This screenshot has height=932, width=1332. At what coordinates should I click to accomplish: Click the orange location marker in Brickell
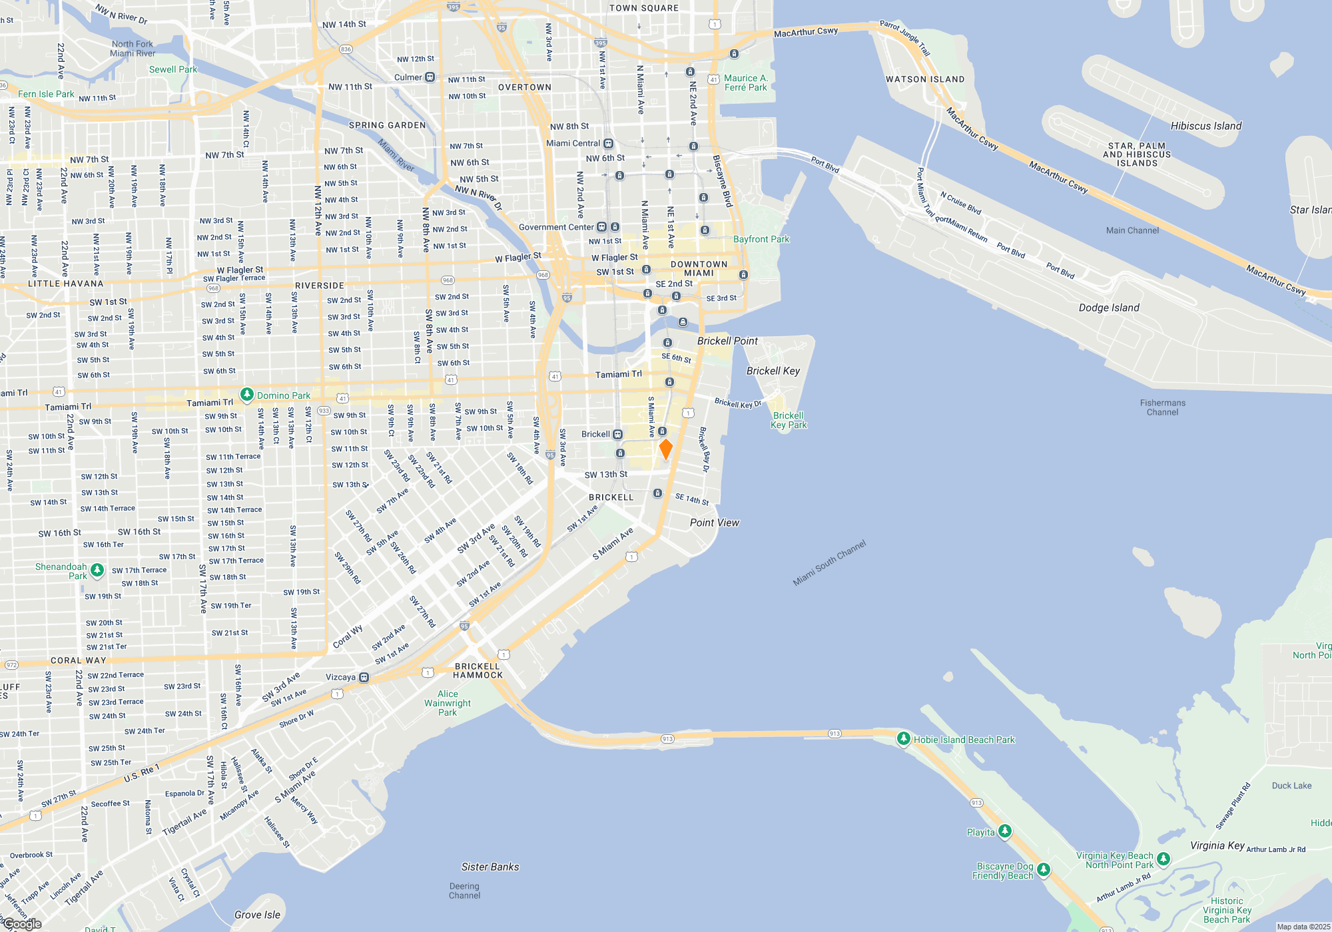665,449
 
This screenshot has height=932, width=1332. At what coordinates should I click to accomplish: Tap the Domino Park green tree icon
247,395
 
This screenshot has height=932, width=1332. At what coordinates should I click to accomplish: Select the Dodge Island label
1109,308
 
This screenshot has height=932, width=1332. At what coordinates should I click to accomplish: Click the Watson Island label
924,79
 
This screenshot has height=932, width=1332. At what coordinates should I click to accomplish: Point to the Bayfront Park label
761,239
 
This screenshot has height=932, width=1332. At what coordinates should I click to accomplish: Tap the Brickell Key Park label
789,420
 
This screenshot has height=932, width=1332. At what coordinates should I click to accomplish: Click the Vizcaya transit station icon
364,678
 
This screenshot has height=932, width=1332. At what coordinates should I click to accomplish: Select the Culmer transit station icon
430,77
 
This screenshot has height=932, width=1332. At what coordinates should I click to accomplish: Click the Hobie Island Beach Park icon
904,739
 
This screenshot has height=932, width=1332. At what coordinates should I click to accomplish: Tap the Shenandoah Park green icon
97,570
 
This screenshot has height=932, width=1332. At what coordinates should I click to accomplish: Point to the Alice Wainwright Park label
448,703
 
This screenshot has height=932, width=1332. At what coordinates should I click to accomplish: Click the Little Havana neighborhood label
66,284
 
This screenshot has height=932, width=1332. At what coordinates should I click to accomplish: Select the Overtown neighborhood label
525,87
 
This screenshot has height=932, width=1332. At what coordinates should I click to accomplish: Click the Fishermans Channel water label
1162,407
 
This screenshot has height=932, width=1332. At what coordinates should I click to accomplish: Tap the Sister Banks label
490,867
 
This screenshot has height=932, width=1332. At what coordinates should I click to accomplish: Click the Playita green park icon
1005,831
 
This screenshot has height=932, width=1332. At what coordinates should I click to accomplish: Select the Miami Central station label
573,143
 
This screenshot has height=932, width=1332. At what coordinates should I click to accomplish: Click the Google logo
21,924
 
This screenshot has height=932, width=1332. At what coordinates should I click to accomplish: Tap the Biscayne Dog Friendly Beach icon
1044,869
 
